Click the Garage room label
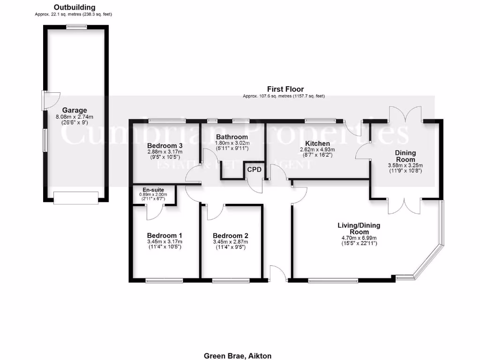click(x=75, y=111)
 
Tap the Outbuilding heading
click(x=74, y=7)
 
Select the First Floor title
click(x=285, y=89)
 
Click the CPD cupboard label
click(x=254, y=169)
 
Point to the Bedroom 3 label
click(x=164, y=146)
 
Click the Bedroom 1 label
click(x=164, y=235)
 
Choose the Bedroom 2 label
click(x=230, y=236)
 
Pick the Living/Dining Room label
click(x=359, y=229)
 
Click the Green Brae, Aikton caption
click(x=238, y=356)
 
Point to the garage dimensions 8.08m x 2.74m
click(x=75, y=117)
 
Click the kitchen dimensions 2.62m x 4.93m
click(x=318, y=150)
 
